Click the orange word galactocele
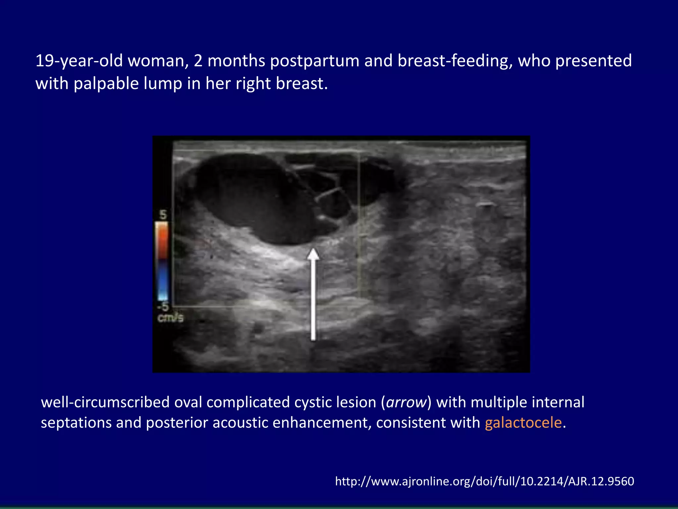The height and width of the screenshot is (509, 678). coord(523,423)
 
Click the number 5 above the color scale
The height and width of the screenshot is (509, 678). coord(163,215)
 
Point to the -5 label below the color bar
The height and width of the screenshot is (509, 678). coord(163,306)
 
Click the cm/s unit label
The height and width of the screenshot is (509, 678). coord(170,318)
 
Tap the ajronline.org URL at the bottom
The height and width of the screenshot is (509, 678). coord(484,481)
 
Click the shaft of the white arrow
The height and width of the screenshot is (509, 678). coord(313,298)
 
